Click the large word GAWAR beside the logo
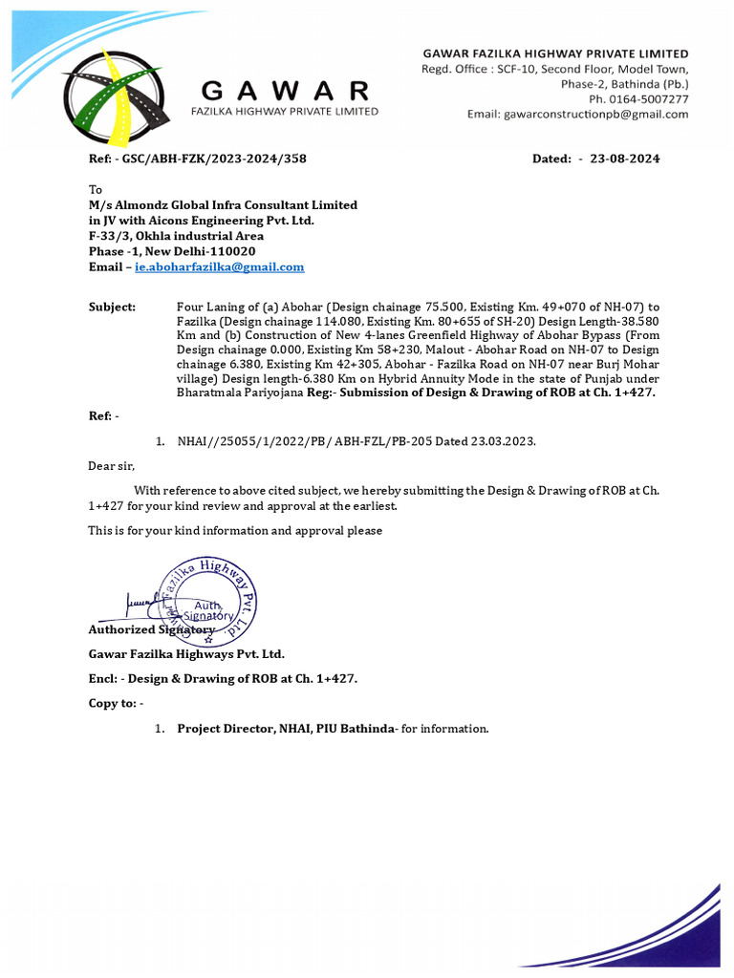click(285, 91)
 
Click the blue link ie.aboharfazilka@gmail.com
click(219, 267)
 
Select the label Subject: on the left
click(112, 307)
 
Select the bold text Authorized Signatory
click(152, 630)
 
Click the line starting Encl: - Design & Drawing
click(223, 679)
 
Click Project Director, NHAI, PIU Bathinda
click(286, 729)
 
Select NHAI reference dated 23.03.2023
click(356, 442)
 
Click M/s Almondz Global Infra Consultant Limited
click(223, 205)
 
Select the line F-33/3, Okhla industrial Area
click(176, 236)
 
